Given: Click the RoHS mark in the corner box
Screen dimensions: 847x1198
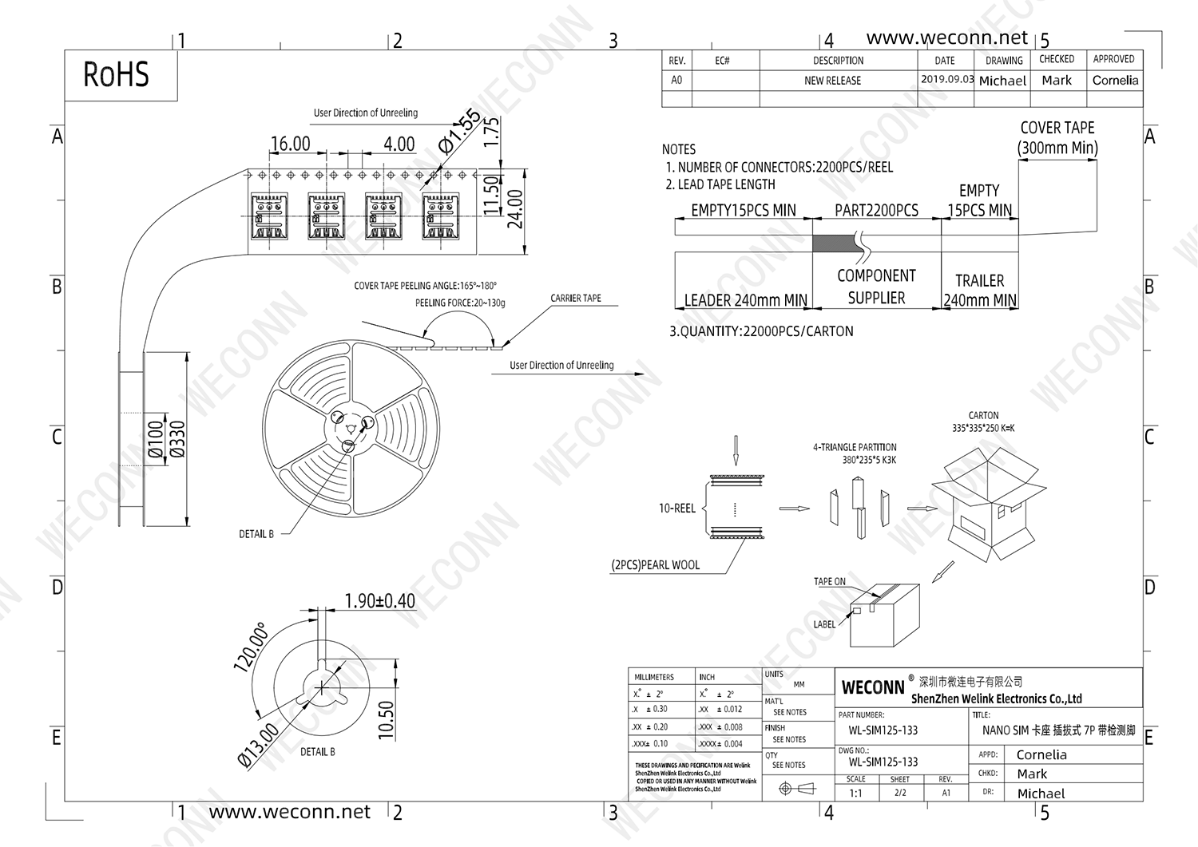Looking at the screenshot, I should click(116, 75).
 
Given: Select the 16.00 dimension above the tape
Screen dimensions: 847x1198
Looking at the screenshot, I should click(290, 144).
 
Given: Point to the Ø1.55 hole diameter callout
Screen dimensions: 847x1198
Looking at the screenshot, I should click(460, 131).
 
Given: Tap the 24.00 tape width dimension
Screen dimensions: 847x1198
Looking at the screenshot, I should click(516, 209).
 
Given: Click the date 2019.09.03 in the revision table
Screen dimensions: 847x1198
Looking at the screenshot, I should click(947, 80).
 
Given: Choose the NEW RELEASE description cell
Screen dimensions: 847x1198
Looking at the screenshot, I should click(832, 81).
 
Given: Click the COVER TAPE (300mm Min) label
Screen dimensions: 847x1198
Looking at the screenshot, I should click(1057, 138).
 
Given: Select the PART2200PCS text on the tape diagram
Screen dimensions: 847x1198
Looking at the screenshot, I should click(876, 211).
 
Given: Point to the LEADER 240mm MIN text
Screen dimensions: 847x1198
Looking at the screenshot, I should click(745, 301).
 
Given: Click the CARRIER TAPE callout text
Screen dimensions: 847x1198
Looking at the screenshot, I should click(576, 299).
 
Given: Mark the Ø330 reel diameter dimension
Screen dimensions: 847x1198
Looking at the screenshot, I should click(177, 439).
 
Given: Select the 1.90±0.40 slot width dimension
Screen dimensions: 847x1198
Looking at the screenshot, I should click(379, 601).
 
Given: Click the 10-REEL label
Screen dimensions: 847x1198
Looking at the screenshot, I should click(676, 509).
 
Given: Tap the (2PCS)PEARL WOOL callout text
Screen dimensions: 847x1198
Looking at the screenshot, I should click(656, 565).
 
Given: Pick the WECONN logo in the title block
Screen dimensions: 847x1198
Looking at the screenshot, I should click(873, 687).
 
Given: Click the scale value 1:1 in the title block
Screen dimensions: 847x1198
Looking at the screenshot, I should click(855, 794).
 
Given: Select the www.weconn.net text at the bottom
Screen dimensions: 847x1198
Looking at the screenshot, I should click(290, 812).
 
